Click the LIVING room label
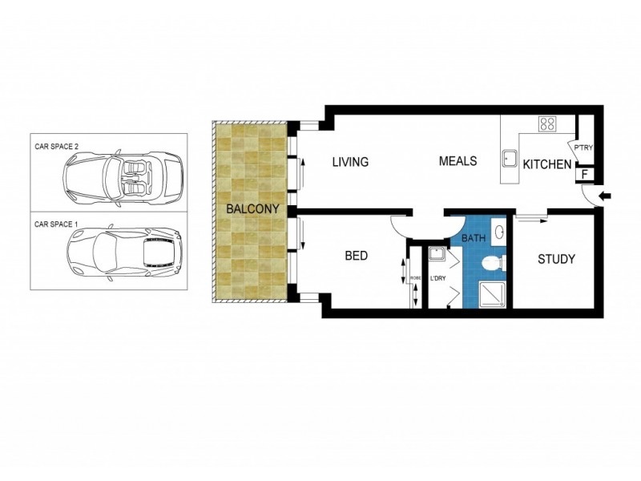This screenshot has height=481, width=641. (350, 162)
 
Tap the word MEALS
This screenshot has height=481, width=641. (458, 161)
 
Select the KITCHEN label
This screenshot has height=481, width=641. (547, 165)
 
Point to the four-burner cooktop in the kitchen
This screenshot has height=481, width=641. (548, 123)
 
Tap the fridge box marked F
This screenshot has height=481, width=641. (583, 173)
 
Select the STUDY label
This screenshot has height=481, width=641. (556, 259)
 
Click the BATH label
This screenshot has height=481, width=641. (474, 238)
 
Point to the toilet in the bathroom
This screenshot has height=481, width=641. (494, 262)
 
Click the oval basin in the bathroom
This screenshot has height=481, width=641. (499, 232)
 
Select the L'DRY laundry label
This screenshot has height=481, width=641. (437, 279)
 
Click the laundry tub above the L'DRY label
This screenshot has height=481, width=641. (437, 255)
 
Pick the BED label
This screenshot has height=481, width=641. (356, 256)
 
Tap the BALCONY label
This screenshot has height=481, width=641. (252, 209)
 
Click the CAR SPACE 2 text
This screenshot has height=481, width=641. (56, 147)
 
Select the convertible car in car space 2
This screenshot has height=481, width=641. (124, 175)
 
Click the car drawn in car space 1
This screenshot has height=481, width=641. (124, 252)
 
